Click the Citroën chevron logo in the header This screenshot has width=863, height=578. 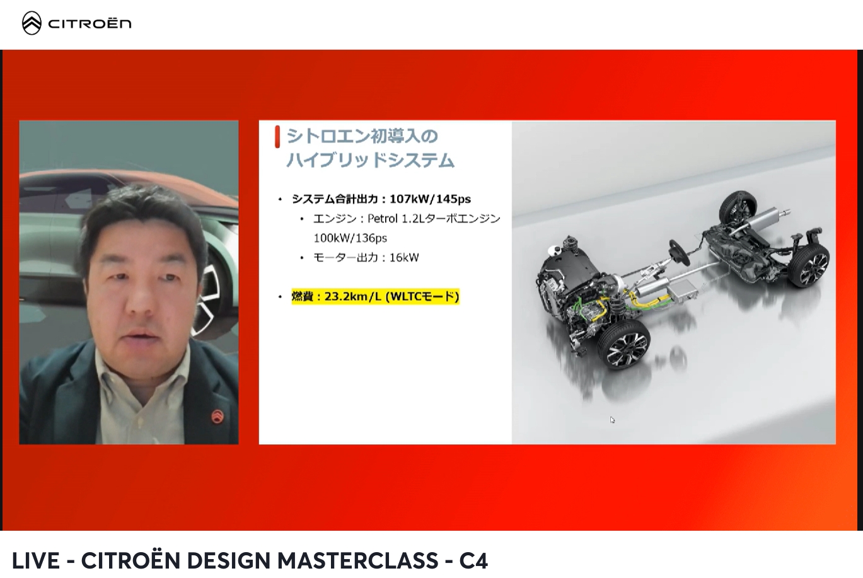[x=32, y=23]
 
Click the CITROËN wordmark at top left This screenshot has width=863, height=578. [x=90, y=24]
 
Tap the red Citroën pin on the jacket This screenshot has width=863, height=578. [x=217, y=417]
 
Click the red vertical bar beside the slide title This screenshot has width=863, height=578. [x=277, y=137]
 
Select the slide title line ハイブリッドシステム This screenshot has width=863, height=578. [x=370, y=160]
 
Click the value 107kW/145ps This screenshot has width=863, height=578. [x=430, y=199]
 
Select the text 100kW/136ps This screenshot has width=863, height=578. [x=350, y=238]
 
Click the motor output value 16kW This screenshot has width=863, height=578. [x=403, y=257]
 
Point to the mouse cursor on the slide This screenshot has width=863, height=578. [x=612, y=420]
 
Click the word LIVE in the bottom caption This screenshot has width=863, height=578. [x=36, y=560]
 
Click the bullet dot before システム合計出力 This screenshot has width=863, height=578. [x=281, y=199]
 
